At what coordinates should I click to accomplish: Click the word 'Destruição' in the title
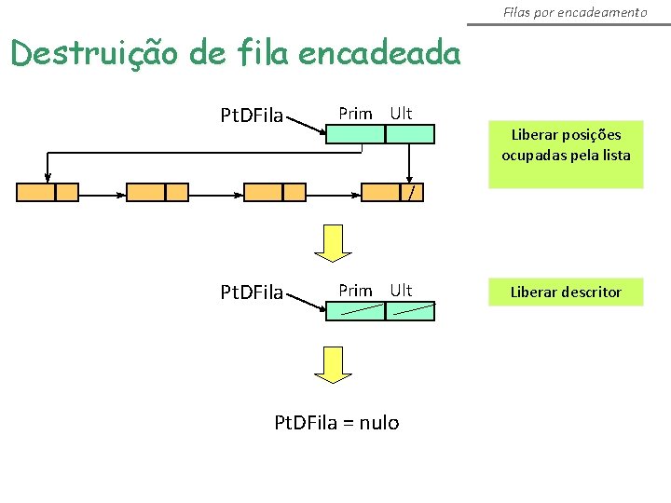coord(93,54)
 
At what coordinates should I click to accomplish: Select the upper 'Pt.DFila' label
coord(251,116)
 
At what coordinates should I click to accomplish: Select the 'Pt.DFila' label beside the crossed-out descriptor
coord(251,292)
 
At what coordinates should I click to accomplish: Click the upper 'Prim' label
coord(355,114)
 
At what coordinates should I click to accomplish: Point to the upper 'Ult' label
coord(401,114)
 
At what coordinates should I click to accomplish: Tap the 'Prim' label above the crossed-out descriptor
coord(355,291)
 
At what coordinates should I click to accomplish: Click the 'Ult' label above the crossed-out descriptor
coord(401,291)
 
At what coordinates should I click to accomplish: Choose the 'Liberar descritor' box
coord(566,292)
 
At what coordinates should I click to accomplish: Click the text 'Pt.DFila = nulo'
coord(336,423)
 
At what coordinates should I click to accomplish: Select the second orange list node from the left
coord(157,193)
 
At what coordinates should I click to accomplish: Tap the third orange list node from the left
coord(274,193)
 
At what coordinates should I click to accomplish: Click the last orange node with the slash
coord(391,193)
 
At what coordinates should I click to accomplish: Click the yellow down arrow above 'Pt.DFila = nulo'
coord(333,363)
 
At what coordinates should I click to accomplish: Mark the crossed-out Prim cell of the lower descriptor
coord(355,311)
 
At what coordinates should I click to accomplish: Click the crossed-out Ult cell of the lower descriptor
coord(410,311)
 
